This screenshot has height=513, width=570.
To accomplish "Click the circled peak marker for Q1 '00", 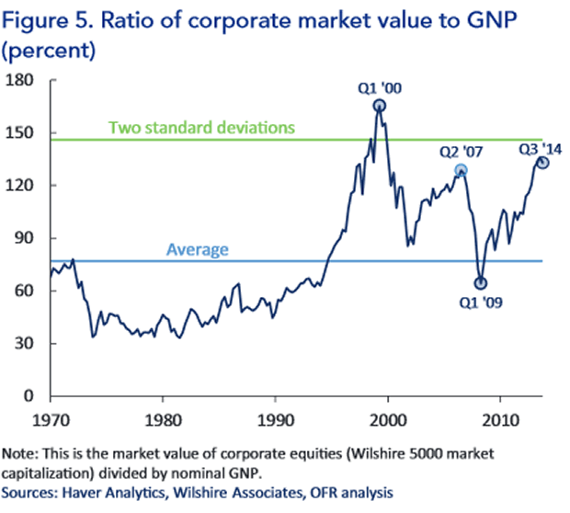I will tap(380, 106).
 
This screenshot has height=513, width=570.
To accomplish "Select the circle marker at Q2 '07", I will tap(461, 170).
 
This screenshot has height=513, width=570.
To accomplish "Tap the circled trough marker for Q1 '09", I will tap(480, 283).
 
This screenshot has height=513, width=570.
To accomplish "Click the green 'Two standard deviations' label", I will tap(201, 127).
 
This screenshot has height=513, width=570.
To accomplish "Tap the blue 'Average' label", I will tap(197, 249).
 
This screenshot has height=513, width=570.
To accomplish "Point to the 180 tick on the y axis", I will tap(21, 80).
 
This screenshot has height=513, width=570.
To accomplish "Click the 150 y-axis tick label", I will tap(21, 132).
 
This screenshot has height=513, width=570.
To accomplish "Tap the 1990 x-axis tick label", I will tap(275, 420).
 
